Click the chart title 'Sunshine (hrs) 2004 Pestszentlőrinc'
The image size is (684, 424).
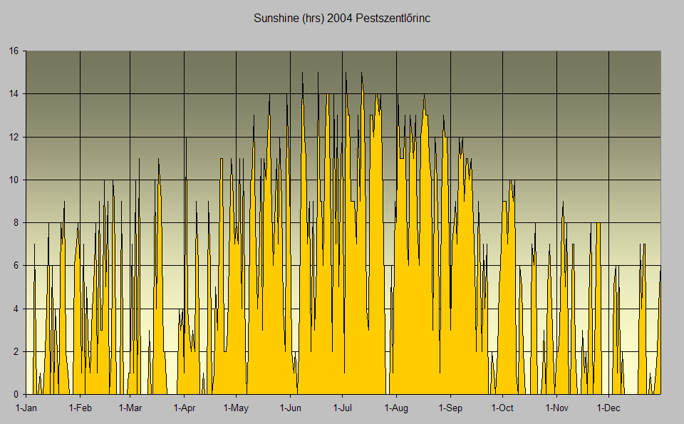[x=342, y=18]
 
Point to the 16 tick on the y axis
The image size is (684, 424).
[x=14, y=51]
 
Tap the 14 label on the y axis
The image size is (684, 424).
[x=14, y=93]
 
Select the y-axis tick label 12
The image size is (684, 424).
[x=14, y=137]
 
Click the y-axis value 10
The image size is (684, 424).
[x=14, y=180]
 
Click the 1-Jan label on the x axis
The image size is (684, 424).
[x=26, y=408]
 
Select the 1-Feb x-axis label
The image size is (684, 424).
[x=80, y=408]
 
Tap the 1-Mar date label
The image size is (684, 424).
[x=130, y=408]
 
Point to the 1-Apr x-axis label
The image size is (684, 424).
[x=184, y=408]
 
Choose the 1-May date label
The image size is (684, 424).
[x=236, y=408]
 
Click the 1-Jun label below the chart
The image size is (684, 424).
[x=290, y=408]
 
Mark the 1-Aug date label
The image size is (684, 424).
[x=396, y=408]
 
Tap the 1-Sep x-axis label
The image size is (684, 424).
[x=450, y=408]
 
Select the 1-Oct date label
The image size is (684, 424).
[x=502, y=408]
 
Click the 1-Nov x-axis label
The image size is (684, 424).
[x=556, y=408]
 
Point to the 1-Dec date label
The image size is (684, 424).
[x=608, y=408]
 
